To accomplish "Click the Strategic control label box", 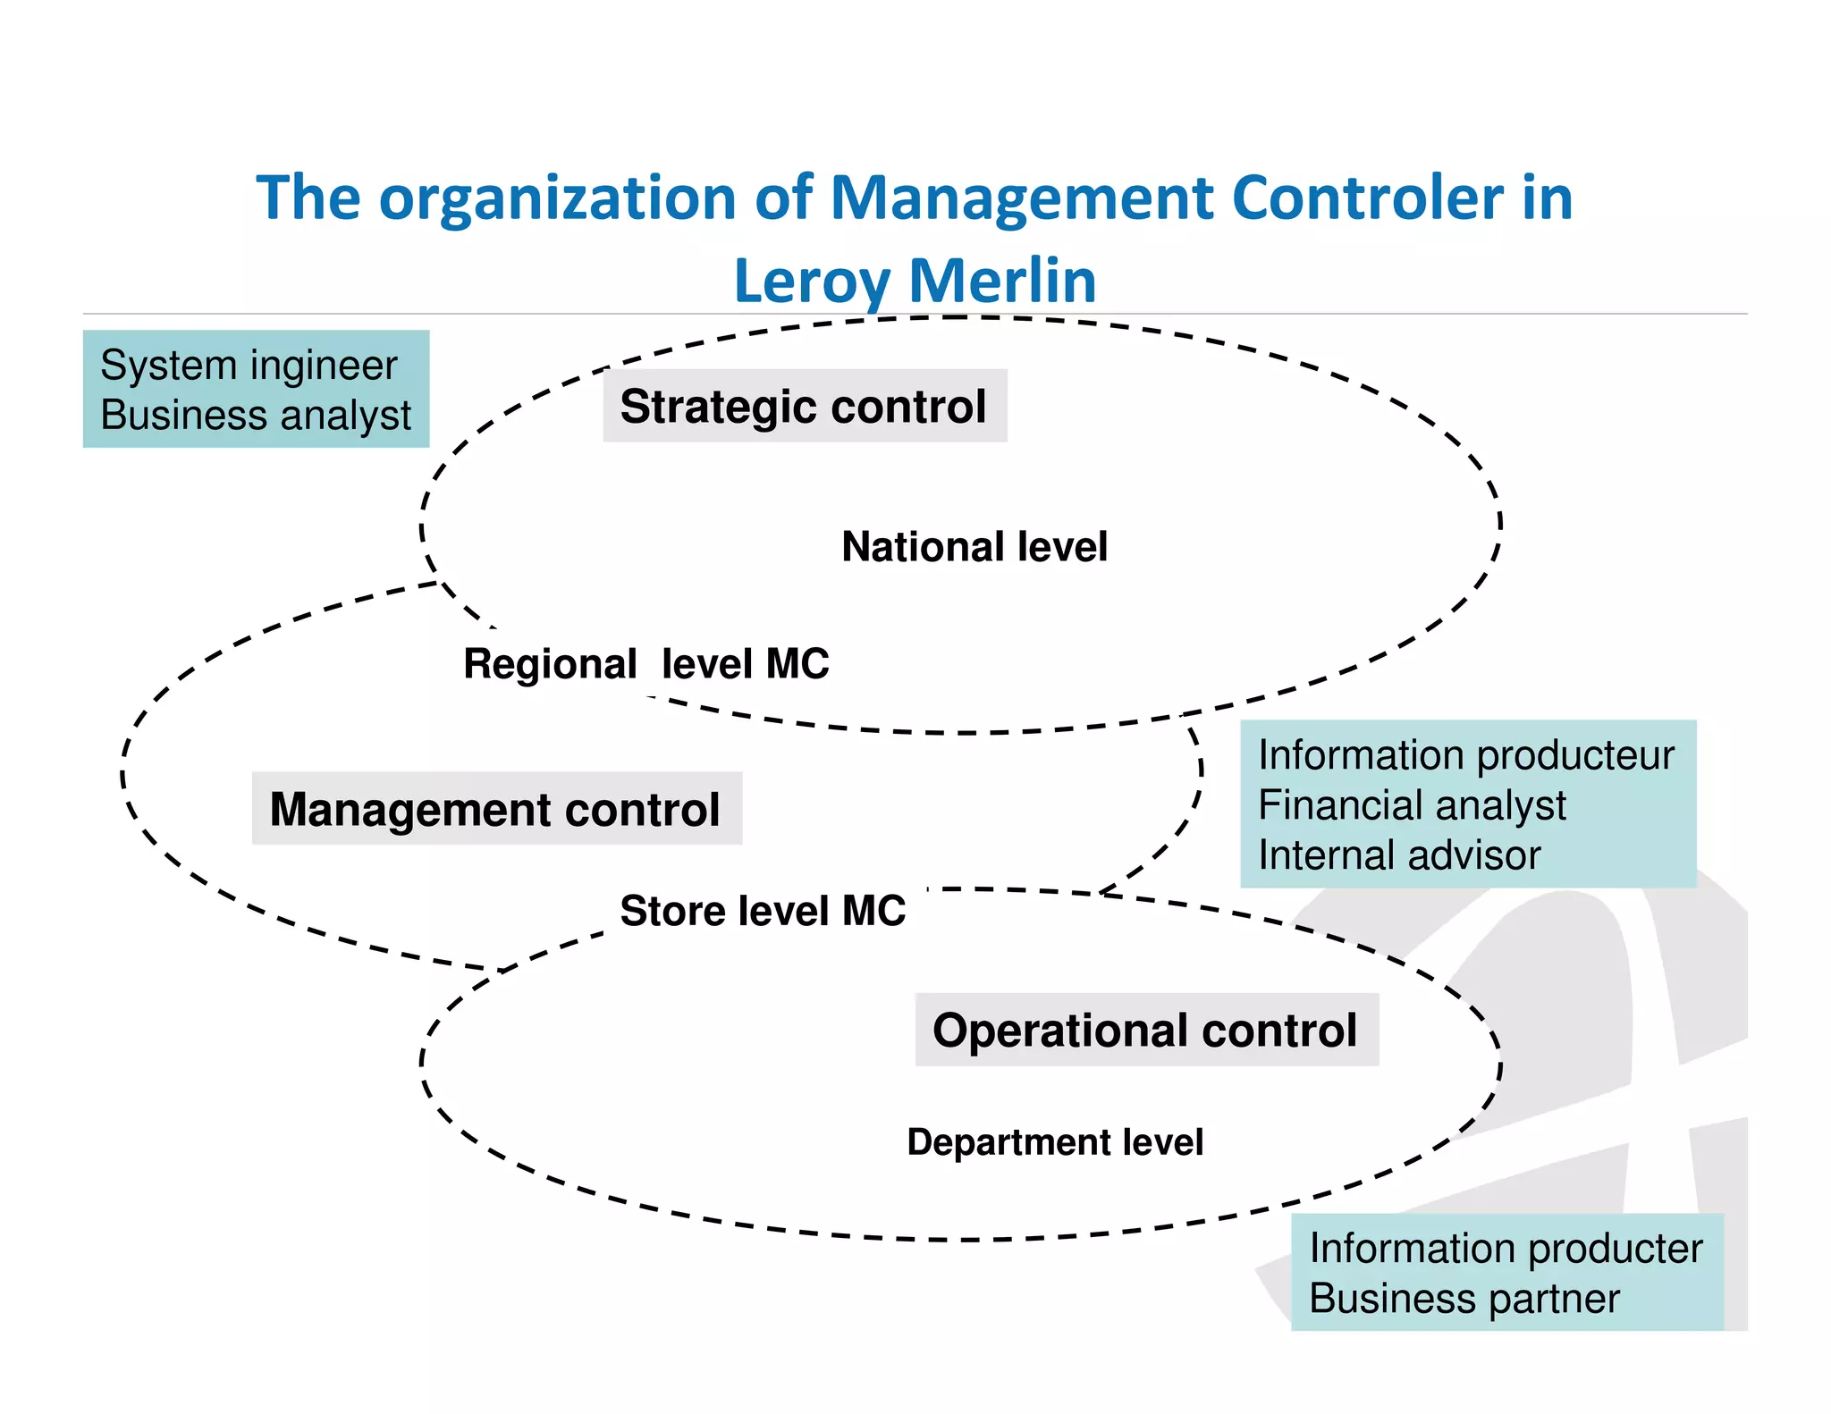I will point(805,406).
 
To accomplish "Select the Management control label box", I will point(496,809).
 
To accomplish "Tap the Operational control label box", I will point(1145,1030).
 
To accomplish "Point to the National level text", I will point(975,546).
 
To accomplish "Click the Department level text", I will point(1055,1142).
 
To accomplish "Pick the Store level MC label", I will point(763,911).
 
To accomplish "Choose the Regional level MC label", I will point(645,664).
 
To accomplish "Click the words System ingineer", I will point(249,365).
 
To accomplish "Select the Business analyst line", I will point(256,415).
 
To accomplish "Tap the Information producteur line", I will point(1465,755).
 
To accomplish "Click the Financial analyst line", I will point(1412,805).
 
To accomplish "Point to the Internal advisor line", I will point(1399,855).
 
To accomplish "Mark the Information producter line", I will point(1506,1249).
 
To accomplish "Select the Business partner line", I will point(1464,1299).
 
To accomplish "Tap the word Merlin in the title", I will point(1002,280).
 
